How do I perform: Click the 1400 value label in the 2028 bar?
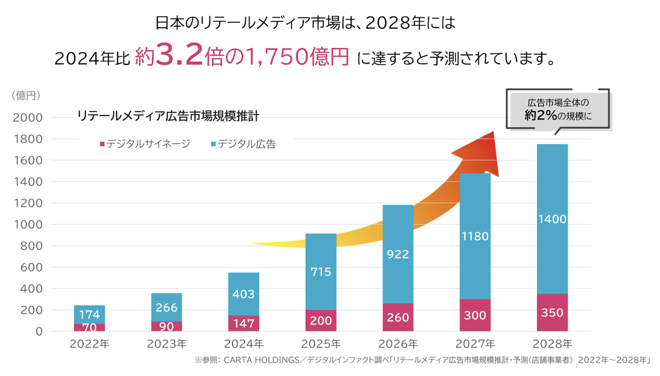(x=552, y=219)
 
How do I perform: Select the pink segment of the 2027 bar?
(x=475, y=315)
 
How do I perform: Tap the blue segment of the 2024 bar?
(x=243, y=294)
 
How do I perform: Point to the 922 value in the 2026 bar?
(x=398, y=254)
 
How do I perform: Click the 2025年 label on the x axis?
(x=321, y=344)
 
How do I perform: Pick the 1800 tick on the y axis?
(x=28, y=139)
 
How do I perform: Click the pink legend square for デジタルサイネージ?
(x=102, y=144)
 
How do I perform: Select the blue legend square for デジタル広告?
(x=213, y=144)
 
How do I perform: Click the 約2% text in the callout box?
(x=540, y=115)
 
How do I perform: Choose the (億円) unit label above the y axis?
(x=26, y=95)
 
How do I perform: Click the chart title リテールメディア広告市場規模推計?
(x=168, y=116)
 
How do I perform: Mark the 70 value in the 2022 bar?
(x=89, y=327)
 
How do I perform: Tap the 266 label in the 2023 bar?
(x=166, y=307)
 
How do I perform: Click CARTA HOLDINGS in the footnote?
(x=261, y=360)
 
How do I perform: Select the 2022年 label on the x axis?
(x=89, y=344)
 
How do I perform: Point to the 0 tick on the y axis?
(x=39, y=331)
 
